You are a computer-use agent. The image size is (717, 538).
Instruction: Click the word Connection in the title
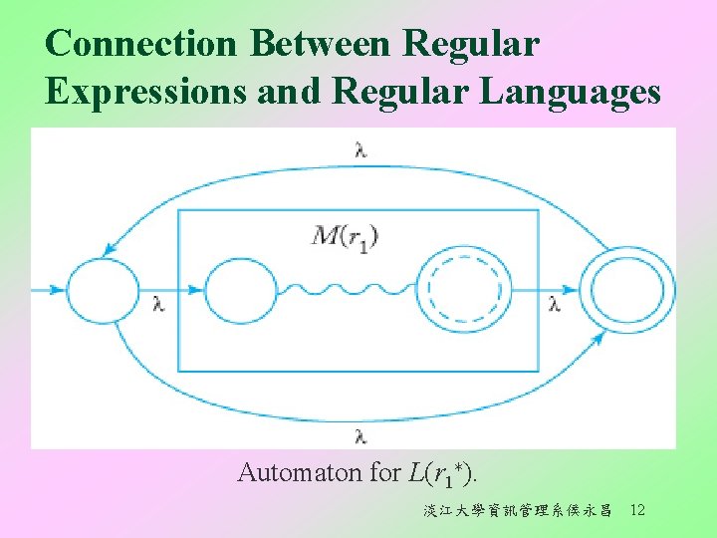pos(141,44)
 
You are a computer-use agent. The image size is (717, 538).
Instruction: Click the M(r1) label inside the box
pos(346,236)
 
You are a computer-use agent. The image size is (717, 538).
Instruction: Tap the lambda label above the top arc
pos(359,150)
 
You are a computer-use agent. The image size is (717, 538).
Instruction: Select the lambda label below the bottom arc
pos(359,434)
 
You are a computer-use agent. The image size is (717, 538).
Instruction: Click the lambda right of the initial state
pos(157,304)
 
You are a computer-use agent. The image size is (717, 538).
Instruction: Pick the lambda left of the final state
pos(555,304)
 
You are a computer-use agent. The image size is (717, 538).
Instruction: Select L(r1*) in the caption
pos(444,473)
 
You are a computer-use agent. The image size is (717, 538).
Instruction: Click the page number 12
pos(638,510)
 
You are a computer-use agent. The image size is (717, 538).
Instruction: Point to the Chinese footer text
pos(517,511)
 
